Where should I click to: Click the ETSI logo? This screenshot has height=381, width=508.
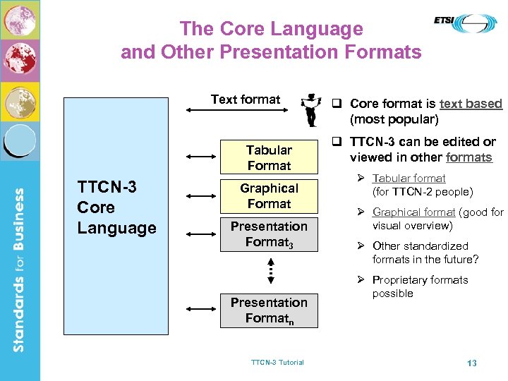[465, 23]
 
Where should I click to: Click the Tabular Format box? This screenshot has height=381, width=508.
[269, 157]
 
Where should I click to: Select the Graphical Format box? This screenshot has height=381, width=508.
[269, 195]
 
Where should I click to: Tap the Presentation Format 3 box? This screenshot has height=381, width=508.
[269, 234]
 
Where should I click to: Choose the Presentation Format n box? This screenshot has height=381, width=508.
[269, 310]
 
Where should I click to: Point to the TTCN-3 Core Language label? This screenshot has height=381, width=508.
[116, 207]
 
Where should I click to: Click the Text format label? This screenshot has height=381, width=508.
[246, 99]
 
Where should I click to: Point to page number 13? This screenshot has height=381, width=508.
[472, 363]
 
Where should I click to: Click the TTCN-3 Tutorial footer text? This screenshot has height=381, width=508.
[277, 363]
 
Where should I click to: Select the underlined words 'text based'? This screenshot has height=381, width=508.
[471, 104]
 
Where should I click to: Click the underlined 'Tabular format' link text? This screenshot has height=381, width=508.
[409, 179]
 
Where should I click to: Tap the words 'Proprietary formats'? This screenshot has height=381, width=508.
[420, 280]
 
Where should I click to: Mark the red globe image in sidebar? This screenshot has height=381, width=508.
[20, 59]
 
